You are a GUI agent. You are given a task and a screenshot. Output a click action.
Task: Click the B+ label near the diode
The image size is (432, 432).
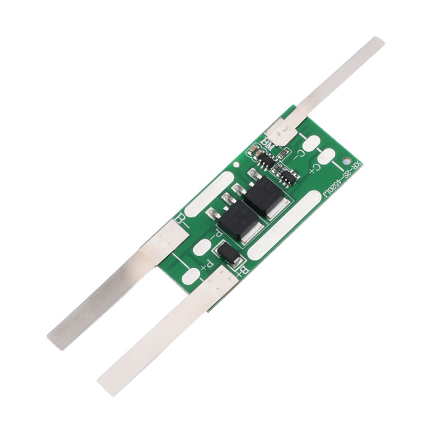click(x=241, y=273)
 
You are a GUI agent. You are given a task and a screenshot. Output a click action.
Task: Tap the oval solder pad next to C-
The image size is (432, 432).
click(x=310, y=143)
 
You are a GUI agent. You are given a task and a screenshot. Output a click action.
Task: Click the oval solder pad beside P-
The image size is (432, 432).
click(x=203, y=246)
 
